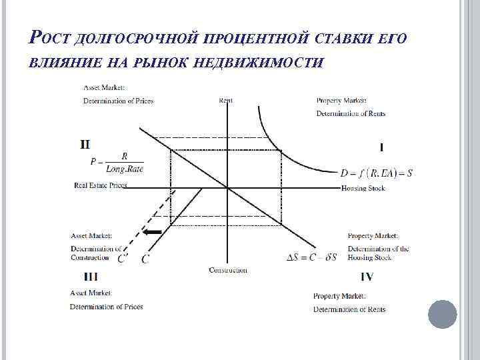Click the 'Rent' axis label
click(x=226, y=101)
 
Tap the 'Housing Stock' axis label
click(x=363, y=189)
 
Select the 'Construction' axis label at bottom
click(x=228, y=270)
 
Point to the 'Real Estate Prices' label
click(x=100, y=185)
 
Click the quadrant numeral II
click(x=85, y=143)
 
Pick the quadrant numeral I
click(x=381, y=146)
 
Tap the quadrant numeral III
click(x=91, y=276)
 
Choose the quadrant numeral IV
click(x=367, y=276)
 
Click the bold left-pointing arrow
click(x=153, y=231)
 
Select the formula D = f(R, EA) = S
click(x=376, y=173)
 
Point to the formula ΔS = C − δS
click(x=311, y=257)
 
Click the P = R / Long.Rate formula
click(x=117, y=162)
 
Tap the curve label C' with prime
click(x=123, y=259)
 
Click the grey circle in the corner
click(x=442, y=313)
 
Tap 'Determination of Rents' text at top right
click(x=351, y=113)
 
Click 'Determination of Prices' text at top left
click(x=118, y=101)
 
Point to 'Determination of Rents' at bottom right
click(x=349, y=309)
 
